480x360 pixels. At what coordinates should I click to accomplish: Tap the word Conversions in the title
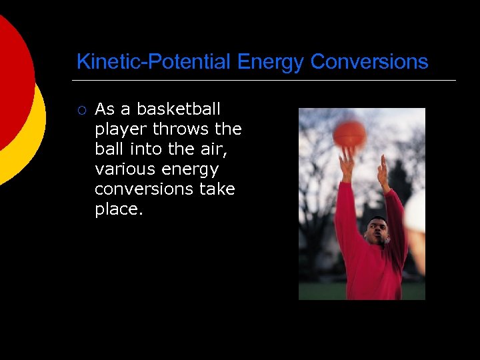369,62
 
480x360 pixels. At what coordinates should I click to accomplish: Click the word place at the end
117,209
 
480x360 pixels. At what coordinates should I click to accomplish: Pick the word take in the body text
217,189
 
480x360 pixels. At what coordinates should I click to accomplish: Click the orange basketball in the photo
349,134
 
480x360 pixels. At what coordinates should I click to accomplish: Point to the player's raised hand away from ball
383,172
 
